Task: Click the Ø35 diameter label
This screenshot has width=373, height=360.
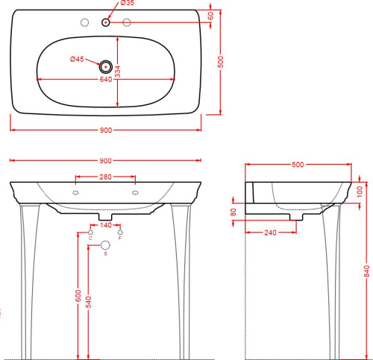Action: (x=128, y=3)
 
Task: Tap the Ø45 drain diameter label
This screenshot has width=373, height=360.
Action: (x=77, y=59)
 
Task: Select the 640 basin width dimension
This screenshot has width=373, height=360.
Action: (x=106, y=79)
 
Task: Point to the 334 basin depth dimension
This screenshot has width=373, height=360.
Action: (x=118, y=72)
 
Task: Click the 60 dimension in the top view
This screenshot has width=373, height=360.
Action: (x=210, y=16)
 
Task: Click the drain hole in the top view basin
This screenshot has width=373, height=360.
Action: (x=106, y=66)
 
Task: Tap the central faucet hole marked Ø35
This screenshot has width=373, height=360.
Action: (x=106, y=22)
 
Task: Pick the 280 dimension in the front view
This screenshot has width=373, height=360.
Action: (x=105, y=177)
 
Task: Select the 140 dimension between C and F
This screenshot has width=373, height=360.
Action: (x=106, y=225)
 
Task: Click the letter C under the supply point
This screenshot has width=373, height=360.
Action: (x=90, y=238)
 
